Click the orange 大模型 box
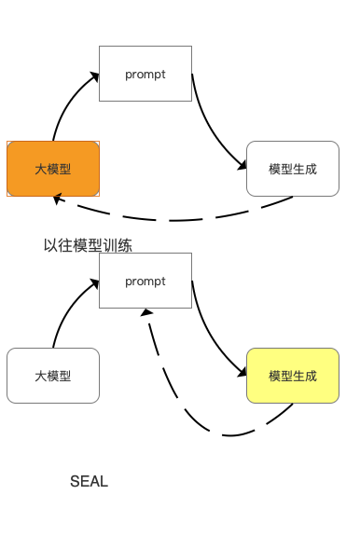click(x=53, y=169)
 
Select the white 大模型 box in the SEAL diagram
click(x=53, y=376)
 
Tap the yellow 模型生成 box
click(x=293, y=376)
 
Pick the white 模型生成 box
click(x=293, y=169)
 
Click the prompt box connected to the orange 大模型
click(x=145, y=74)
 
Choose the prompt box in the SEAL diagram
click(x=145, y=281)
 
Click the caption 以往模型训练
click(x=88, y=246)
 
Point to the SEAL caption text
click(x=89, y=482)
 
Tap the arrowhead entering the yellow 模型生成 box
click(x=242, y=374)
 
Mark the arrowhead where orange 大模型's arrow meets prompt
click(x=94, y=76)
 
